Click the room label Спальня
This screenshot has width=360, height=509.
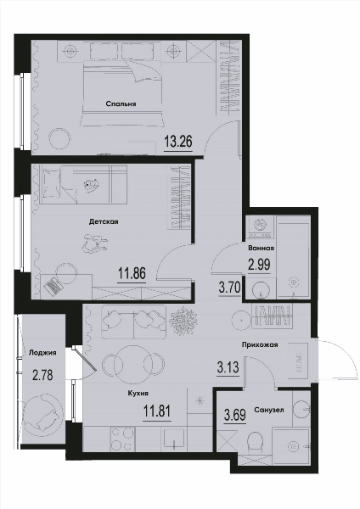(x=121, y=103)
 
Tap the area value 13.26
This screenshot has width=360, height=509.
(x=178, y=142)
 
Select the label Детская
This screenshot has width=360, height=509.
(x=104, y=221)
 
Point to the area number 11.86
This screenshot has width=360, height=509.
(x=132, y=273)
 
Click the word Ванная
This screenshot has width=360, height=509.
(x=261, y=248)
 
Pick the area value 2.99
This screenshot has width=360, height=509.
(x=259, y=265)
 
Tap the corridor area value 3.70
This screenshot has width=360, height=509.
(x=229, y=288)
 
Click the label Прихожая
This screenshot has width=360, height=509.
(x=260, y=344)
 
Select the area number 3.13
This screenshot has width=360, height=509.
(x=228, y=368)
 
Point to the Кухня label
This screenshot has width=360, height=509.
(x=138, y=394)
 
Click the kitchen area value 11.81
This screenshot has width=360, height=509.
(x=157, y=411)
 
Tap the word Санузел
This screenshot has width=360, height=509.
(x=269, y=410)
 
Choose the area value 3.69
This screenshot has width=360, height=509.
(x=235, y=415)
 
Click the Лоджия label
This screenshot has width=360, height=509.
(x=42, y=353)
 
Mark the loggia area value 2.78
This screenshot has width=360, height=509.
(x=42, y=375)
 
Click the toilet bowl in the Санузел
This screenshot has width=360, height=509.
(x=256, y=442)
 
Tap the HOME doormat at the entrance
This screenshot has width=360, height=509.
(x=299, y=361)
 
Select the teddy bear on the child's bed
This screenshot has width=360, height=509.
(x=91, y=186)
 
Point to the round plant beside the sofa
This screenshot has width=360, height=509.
(x=183, y=321)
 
